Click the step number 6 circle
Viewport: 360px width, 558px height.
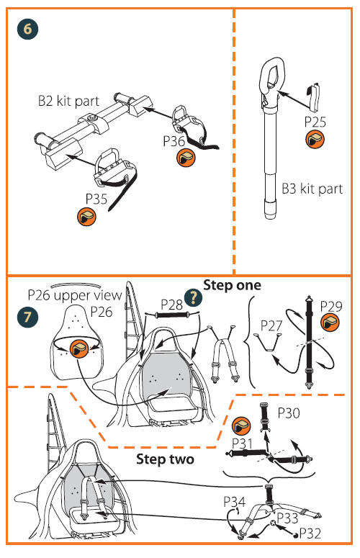tap(27, 29)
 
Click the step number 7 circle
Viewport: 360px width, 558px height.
tap(27, 316)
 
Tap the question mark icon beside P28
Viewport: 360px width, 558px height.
tap(193, 297)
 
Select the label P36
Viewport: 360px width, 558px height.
tap(174, 141)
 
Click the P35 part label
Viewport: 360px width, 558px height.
tap(96, 199)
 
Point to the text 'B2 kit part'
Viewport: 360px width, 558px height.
tap(68, 101)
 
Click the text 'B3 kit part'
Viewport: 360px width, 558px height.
tap(312, 189)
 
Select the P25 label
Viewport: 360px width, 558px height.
tap(315, 122)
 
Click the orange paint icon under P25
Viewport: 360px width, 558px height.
tap(315, 139)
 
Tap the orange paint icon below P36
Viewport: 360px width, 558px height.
tap(186, 158)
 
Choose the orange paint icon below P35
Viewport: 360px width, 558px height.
tap(87, 217)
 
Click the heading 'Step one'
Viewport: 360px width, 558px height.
tap(232, 285)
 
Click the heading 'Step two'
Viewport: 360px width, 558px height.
tap(165, 459)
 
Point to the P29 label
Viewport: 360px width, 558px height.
tap(331, 306)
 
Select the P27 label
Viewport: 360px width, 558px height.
tap(271, 325)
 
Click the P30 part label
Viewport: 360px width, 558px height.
tap(289, 413)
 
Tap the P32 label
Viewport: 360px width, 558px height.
tap(310, 534)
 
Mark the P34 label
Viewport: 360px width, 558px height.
tap(235, 502)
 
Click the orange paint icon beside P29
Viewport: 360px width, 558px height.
tap(330, 323)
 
